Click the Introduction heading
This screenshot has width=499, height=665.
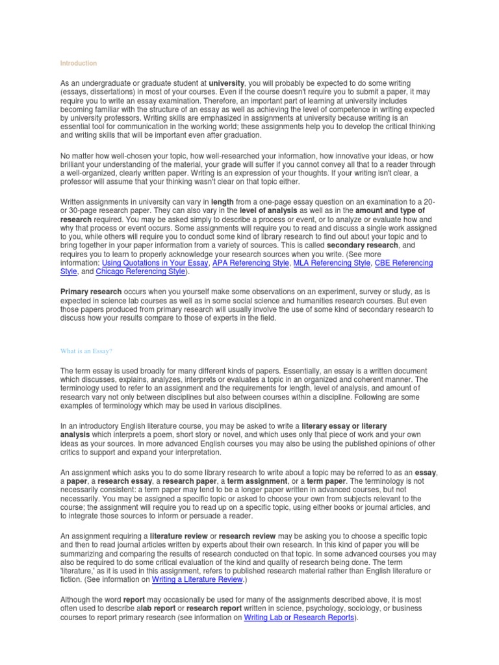click(x=78, y=64)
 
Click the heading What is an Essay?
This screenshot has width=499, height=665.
click(x=86, y=351)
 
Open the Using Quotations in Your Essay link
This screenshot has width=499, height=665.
click(x=155, y=264)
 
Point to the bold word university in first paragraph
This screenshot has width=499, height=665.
click(x=226, y=84)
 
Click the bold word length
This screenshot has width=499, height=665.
click(x=222, y=203)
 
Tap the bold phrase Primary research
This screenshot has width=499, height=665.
click(x=91, y=293)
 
